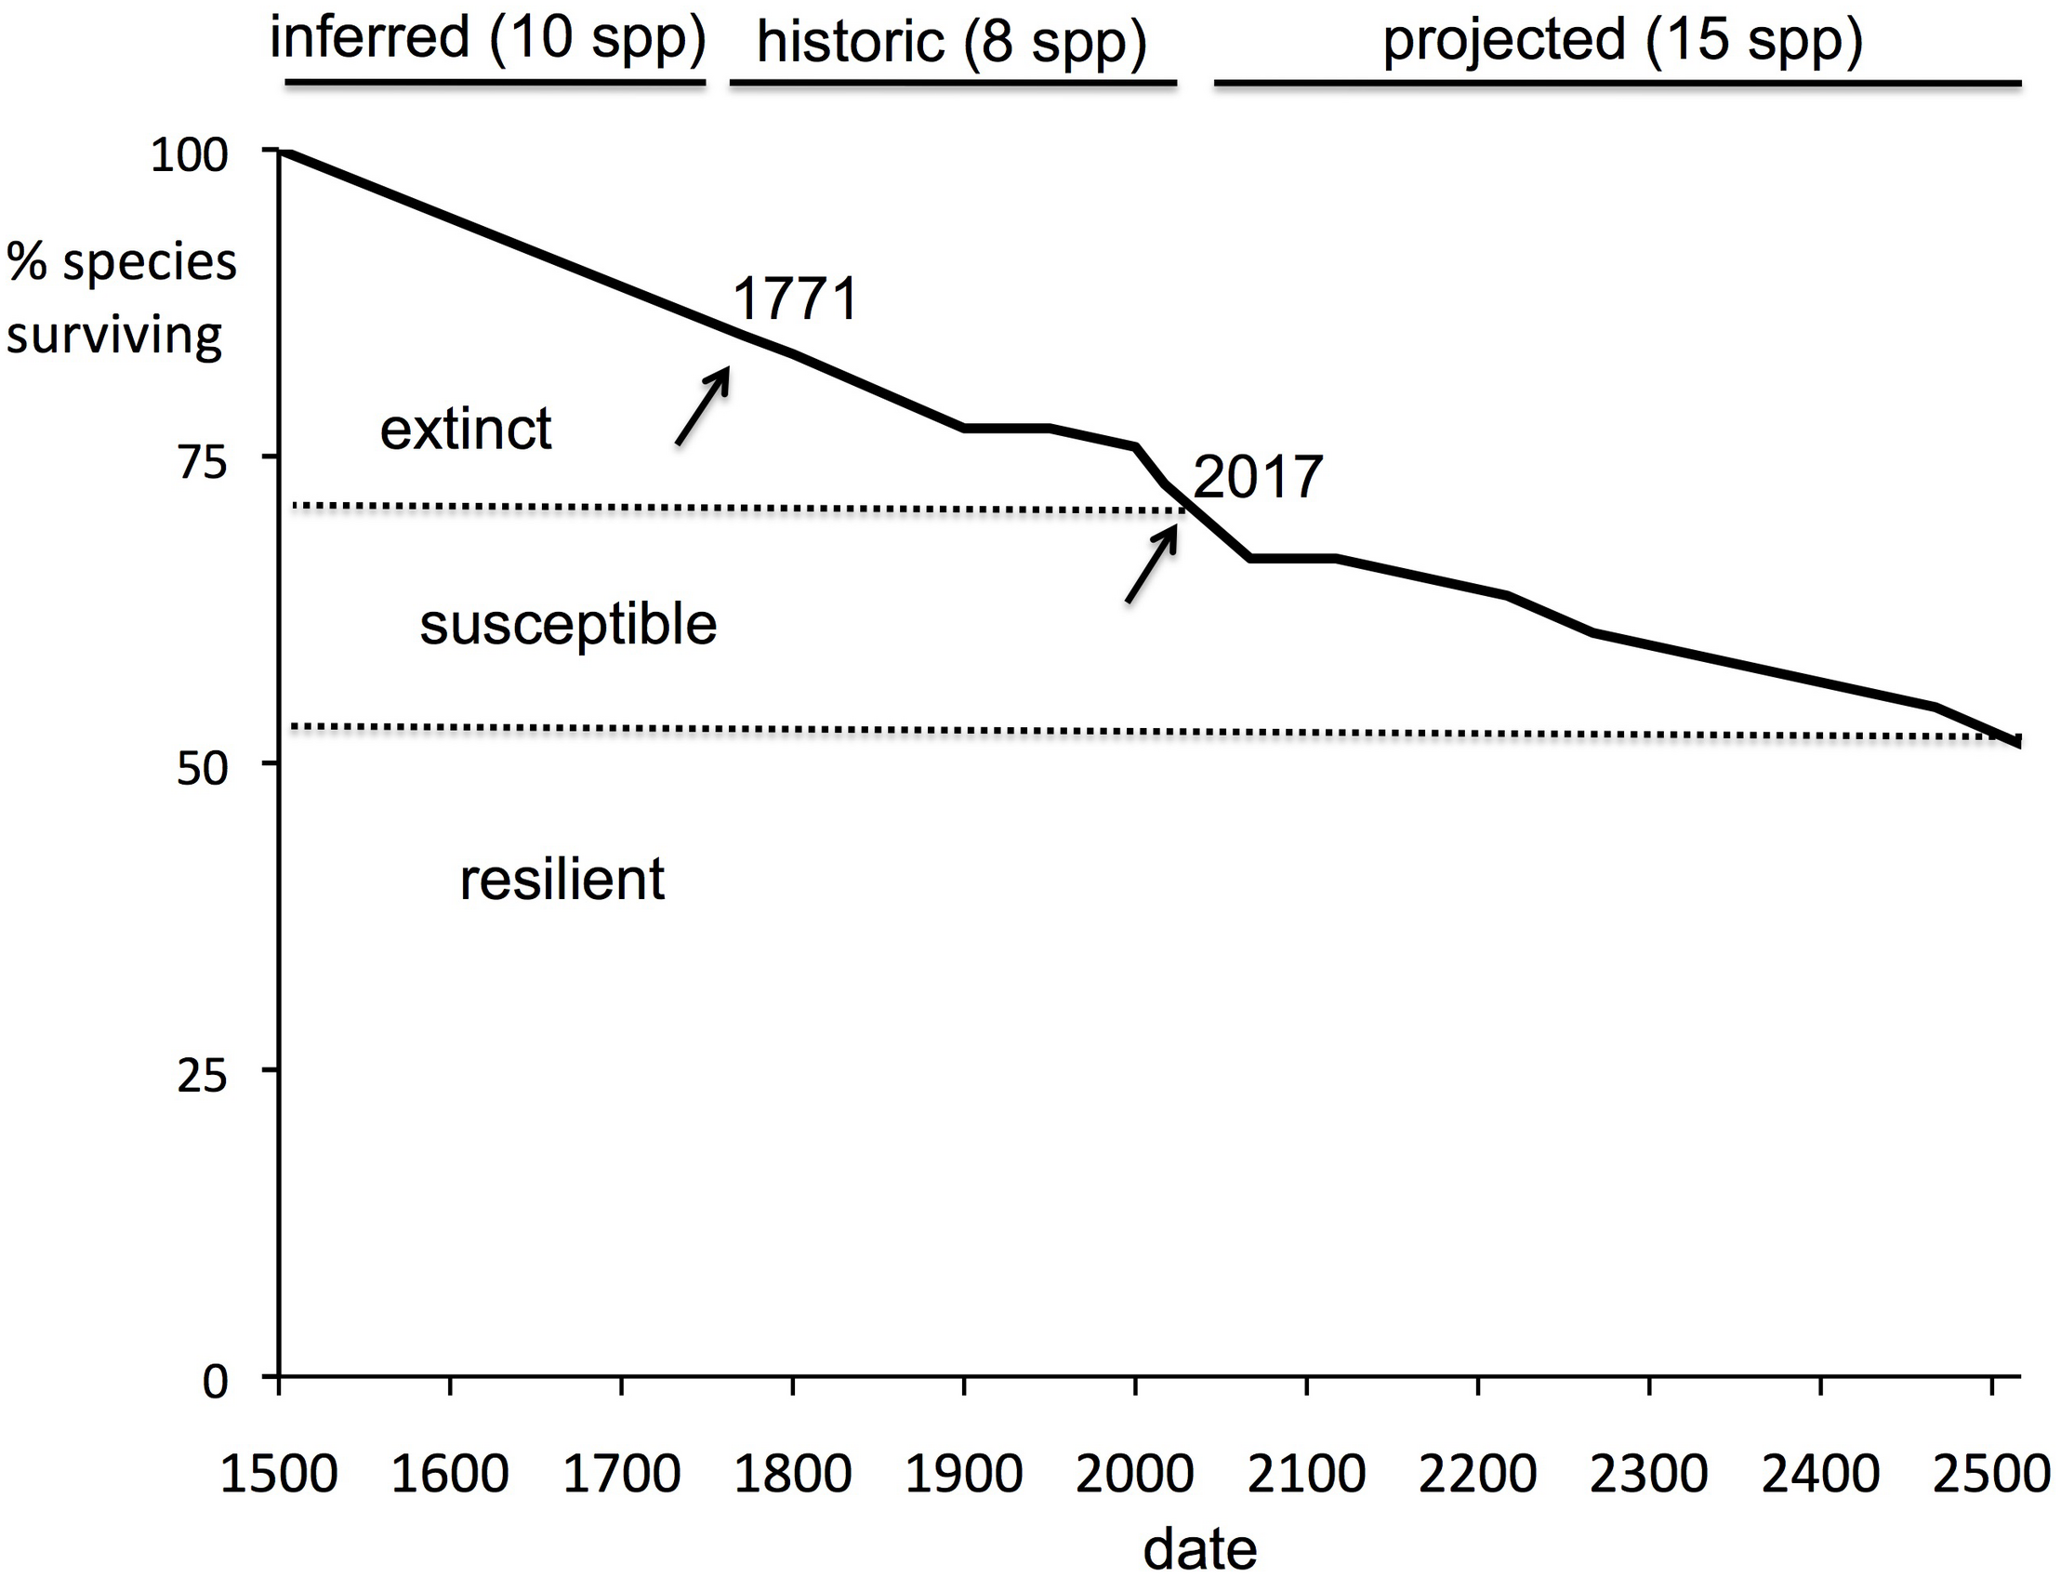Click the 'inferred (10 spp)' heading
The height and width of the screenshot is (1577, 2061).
487,39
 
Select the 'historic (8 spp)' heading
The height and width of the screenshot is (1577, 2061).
951,43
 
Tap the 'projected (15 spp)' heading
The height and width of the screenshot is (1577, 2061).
1622,41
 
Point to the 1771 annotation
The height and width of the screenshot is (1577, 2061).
795,299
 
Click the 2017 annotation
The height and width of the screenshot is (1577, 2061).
1258,477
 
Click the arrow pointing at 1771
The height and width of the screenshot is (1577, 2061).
703,405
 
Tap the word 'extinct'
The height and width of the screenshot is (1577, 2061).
466,429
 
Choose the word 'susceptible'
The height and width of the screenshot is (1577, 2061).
568,624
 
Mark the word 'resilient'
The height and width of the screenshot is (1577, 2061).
562,880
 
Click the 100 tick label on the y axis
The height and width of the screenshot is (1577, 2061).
190,154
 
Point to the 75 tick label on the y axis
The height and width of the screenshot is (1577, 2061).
203,462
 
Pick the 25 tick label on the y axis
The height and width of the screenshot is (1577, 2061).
203,1076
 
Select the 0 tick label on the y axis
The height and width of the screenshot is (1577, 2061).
216,1383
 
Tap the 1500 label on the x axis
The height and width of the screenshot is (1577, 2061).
278,1475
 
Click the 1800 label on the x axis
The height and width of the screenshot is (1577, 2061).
792,1475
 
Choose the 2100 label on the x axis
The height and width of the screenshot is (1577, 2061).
1305,1475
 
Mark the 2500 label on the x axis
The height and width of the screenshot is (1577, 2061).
1991,1475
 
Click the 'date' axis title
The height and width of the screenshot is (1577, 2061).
1199,1550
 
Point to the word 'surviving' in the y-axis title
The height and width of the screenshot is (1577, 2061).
114,335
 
